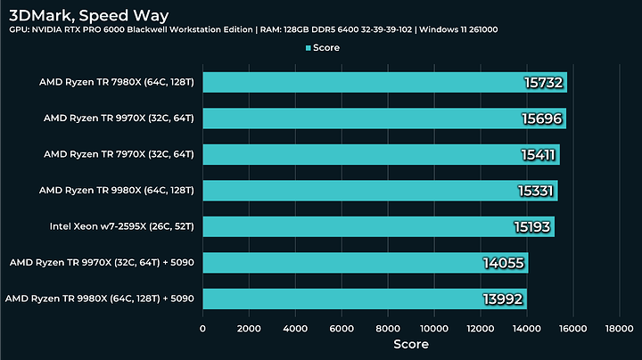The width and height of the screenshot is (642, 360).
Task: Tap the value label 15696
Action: click(x=542, y=119)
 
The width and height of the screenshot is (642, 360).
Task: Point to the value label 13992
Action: click(x=504, y=299)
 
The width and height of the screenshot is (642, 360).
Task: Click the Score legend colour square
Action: click(x=309, y=47)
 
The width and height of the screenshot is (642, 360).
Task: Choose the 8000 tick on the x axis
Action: click(x=388, y=328)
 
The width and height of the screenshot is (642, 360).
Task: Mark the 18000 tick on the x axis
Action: click(x=619, y=328)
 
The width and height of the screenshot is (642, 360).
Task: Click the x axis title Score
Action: click(x=411, y=344)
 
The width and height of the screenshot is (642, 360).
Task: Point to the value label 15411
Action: click(x=538, y=155)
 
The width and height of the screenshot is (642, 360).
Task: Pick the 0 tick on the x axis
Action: click(x=203, y=328)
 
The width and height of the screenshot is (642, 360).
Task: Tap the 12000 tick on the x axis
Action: click(x=480, y=328)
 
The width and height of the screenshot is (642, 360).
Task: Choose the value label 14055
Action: click(x=505, y=263)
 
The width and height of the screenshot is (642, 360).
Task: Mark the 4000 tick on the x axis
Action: click(x=295, y=328)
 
